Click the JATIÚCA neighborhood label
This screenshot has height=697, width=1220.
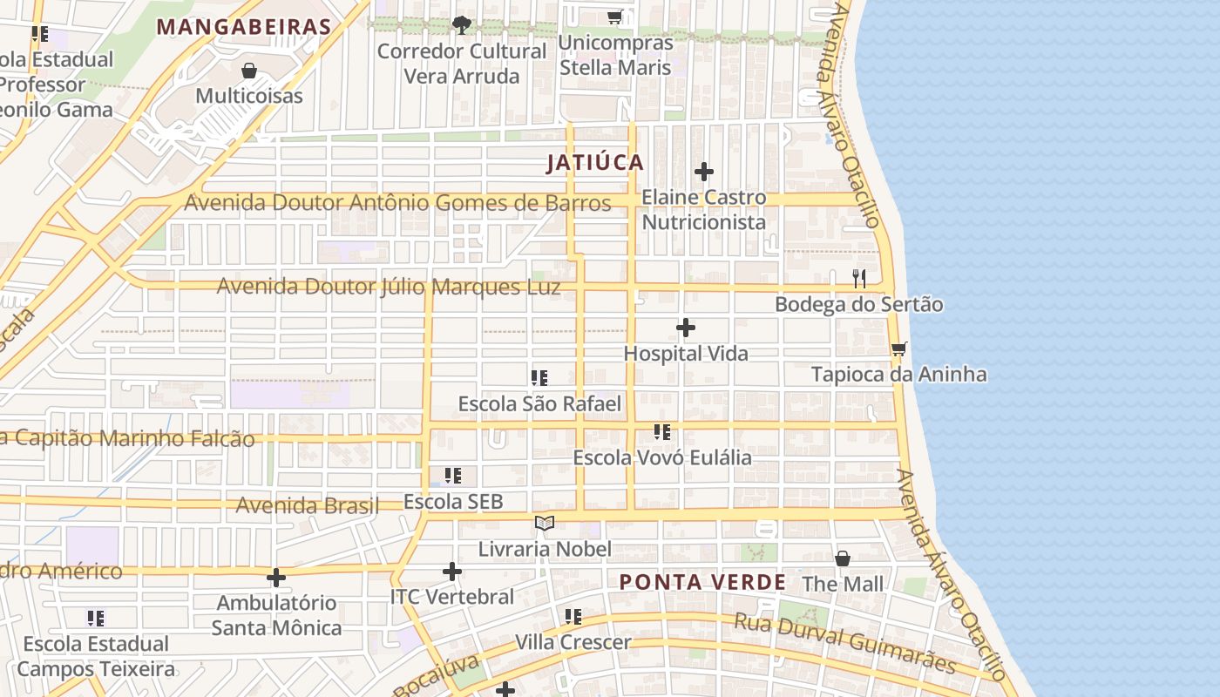[595, 163]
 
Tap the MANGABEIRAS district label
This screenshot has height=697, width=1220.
[244, 27]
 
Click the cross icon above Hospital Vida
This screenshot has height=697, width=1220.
[686, 328]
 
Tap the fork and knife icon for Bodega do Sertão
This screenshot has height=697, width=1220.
[859, 279]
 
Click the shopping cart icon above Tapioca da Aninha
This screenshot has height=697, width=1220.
[898, 348]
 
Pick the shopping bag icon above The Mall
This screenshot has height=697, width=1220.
[843, 558]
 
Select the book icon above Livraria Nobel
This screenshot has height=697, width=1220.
[545, 523]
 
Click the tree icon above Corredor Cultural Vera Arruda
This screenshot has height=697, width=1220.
[462, 24]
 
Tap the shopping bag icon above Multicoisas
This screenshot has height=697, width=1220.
[249, 70]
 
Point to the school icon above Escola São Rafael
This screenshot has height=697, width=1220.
[539, 378]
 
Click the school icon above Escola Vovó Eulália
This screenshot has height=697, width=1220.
[662, 432]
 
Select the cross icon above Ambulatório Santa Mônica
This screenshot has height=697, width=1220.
[276, 577]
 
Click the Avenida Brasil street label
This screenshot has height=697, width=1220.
[308, 505]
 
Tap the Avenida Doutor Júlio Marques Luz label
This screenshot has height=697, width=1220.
[389, 287]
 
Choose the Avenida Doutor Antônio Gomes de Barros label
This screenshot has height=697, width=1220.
[397, 203]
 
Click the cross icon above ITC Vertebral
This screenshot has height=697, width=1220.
[451, 572]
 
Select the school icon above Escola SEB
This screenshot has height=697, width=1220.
[453, 476]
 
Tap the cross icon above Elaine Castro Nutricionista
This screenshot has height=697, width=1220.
[704, 172]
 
